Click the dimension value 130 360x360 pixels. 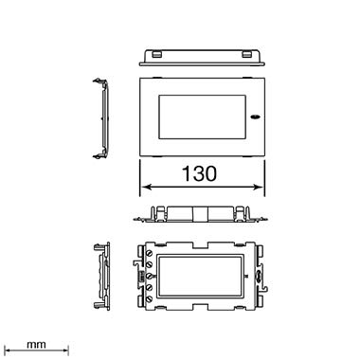pos(199,173)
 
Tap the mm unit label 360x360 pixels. pos(36,345)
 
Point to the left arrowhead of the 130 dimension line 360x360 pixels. pos(146,187)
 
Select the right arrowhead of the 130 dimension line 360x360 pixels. pos(259,187)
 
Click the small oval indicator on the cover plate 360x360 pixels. pos(254,117)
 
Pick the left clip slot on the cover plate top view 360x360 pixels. pos(156,55)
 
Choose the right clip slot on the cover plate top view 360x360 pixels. pos(246,55)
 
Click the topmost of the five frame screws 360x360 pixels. pos(150,253)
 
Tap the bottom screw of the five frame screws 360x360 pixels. pos(150,298)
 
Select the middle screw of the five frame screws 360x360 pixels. pos(150,276)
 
